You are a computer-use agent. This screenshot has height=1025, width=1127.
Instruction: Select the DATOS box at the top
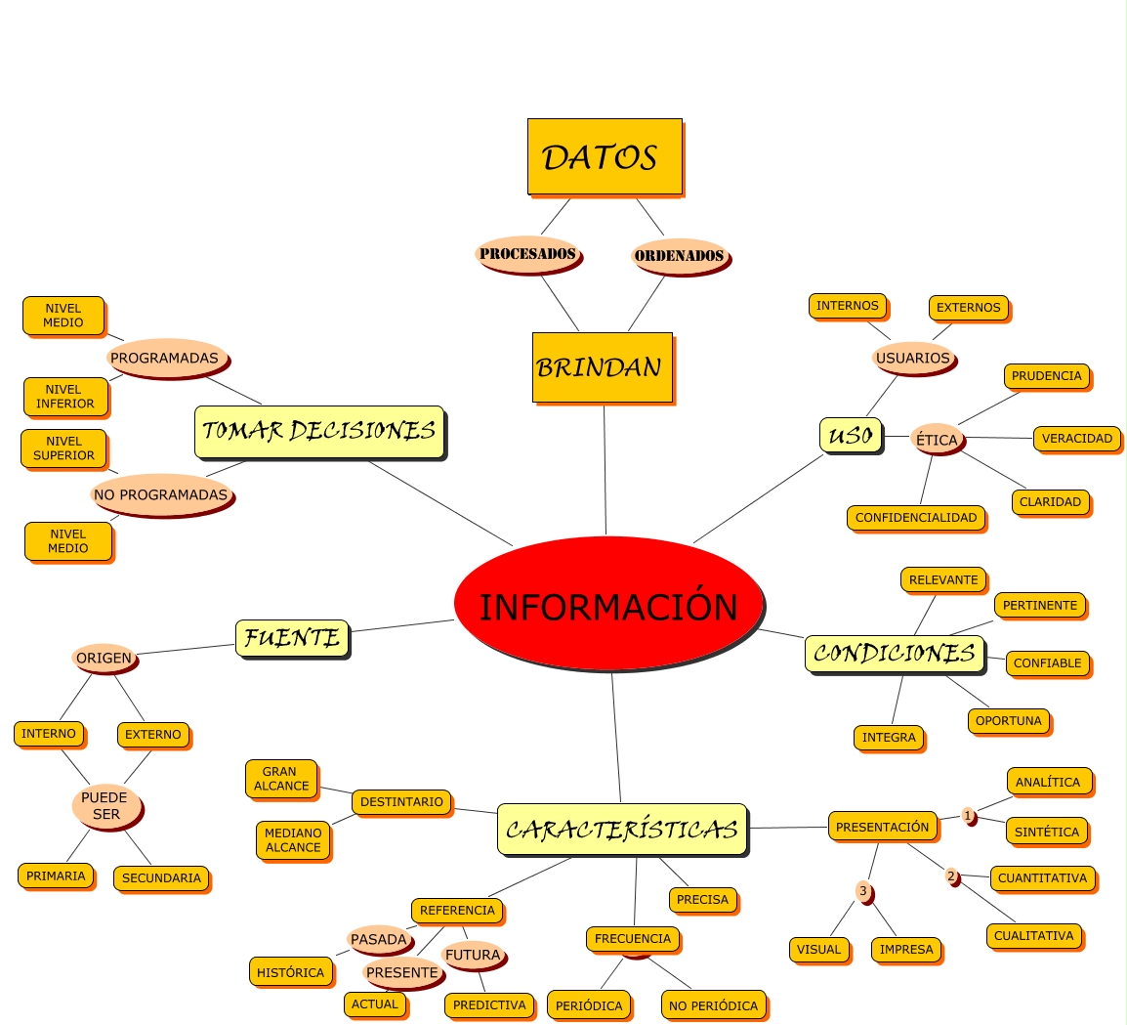pos(605,156)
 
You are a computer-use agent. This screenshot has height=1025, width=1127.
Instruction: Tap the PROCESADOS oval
pos(527,254)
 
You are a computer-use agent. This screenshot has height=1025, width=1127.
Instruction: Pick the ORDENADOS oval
pos(679,256)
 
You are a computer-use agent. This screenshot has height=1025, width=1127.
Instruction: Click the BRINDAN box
pos(602,367)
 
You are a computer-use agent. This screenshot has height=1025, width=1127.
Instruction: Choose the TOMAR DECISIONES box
pos(318,431)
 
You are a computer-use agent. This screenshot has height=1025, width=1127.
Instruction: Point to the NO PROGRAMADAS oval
pos(161,495)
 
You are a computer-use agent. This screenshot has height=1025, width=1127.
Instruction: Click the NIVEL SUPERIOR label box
pos(63,448)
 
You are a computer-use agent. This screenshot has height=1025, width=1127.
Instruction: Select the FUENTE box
pos(292,638)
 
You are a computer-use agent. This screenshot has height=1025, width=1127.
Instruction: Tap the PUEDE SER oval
pos(105,806)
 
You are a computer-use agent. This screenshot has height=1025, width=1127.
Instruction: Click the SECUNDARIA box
pos(161,877)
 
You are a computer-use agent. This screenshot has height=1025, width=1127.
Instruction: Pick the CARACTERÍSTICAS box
pos(621,830)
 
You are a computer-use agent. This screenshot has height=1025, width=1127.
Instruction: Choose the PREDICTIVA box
pos(489,1004)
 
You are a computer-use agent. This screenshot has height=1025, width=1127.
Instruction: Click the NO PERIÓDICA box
pos(713,1005)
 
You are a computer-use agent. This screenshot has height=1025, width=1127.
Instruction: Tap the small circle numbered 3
pos(862,891)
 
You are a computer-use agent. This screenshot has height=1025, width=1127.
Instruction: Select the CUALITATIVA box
pos(1033,935)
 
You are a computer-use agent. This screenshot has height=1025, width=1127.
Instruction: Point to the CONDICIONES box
pos(894,654)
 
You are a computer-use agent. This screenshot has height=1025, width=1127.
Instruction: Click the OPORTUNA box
pos(1009,721)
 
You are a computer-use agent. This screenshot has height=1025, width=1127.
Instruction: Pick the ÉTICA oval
pos(937,440)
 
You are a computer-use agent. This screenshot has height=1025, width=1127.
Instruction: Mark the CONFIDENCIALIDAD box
pos(915,518)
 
